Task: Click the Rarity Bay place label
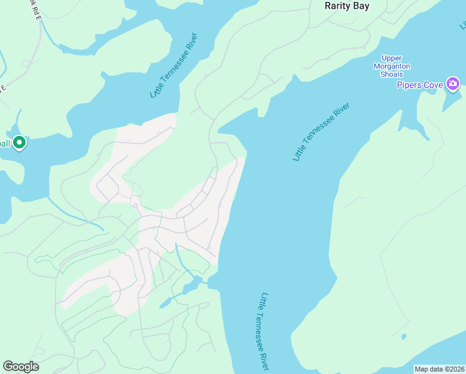tap(347, 6)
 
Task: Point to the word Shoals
tap(392, 74)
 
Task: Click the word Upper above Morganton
tap(392, 58)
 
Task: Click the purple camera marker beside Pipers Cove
tap(453, 84)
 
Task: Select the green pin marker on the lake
tap(19, 143)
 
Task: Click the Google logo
tap(21, 367)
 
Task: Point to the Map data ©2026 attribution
tap(439, 369)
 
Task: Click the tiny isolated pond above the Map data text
tap(403, 337)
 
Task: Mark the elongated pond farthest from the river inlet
tap(165, 303)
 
